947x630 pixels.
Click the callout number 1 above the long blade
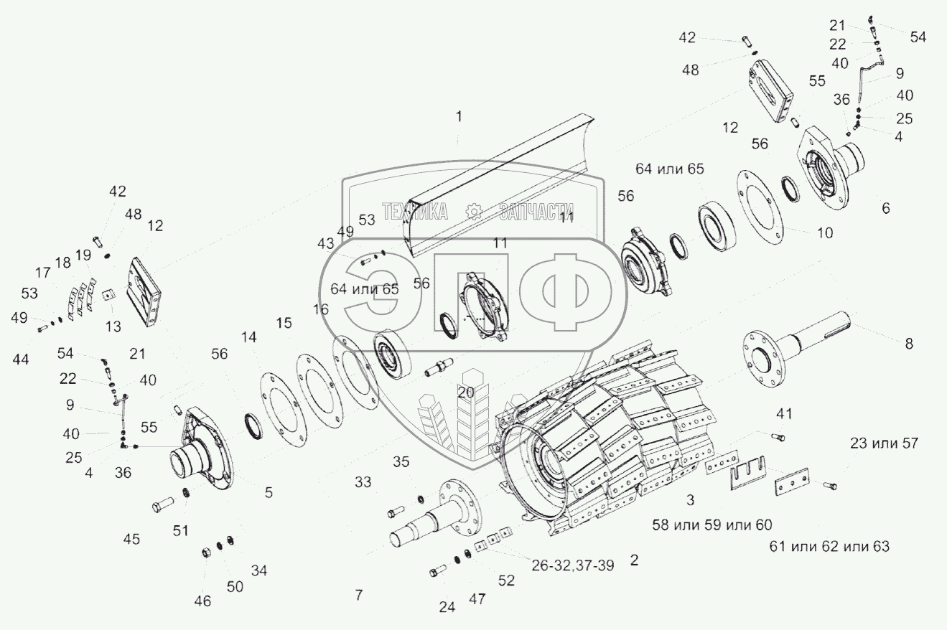[x=459, y=116]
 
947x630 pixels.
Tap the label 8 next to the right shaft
[x=909, y=344]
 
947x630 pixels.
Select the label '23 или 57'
[x=883, y=443]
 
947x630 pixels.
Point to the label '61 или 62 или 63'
[x=829, y=547]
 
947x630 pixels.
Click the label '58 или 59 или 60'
[x=712, y=524]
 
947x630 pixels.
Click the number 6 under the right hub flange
[x=886, y=208]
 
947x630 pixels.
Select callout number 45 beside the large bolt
[x=131, y=539]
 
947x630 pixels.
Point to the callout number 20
[x=465, y=392]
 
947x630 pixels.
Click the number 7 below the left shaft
[x=358, y=595]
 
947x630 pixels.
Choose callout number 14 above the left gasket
[x=248, y=337]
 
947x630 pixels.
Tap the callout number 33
[x=363, y=483]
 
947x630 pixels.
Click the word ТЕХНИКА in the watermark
[x=416, y=211]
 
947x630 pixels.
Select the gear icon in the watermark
[x=472, y=211]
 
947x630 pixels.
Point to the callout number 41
[x=784, y=413]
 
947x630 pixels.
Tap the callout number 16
[x=320, y=309]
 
